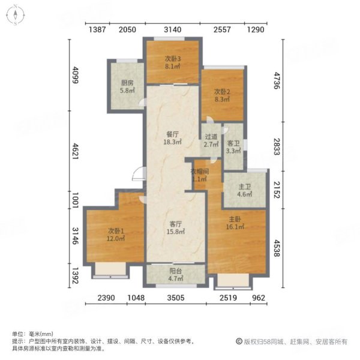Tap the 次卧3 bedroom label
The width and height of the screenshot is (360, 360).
click(x=173, y=62)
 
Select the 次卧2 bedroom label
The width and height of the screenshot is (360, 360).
click(x=223, y=95)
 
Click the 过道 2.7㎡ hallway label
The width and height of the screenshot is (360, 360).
click(x=210, y=140)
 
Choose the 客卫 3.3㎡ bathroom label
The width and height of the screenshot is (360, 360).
click(x=233, y=147)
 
